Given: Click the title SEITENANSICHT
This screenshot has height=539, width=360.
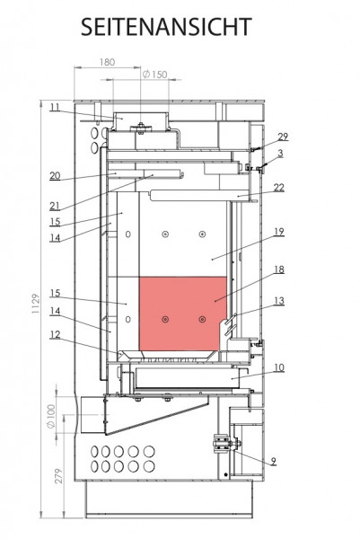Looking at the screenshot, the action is click(x=167, y=27).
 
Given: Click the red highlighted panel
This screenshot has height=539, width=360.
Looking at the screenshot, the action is click(x=182, y=314).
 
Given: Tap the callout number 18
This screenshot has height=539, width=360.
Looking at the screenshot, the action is click(x=279, y=269).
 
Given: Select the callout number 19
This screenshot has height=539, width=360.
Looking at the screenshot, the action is click(x=279, y=232).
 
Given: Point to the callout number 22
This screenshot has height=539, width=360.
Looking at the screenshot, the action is click(x=279, y=188).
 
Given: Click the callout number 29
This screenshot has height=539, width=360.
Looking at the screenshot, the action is click(x=283, y=137).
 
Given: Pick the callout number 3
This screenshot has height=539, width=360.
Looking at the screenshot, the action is click(x=280, y=154).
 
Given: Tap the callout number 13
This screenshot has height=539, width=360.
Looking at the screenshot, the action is click(x=279, y=301).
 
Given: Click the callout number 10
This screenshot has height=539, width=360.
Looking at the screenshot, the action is click(x=279, y=367).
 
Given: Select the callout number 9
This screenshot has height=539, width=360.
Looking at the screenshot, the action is click(x=273, y=461).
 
